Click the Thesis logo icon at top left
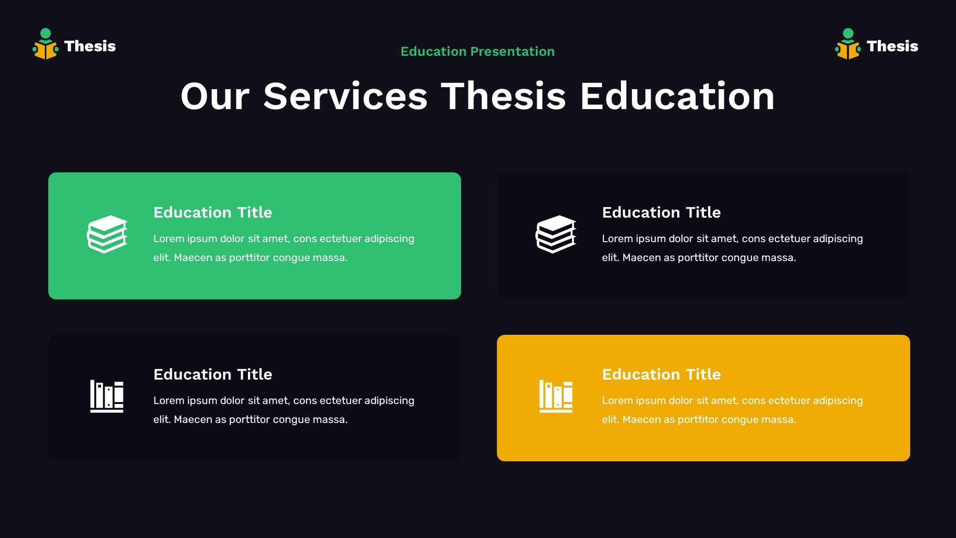coord(45,44)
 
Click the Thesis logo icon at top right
coord(848,44)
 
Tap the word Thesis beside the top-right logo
coord(892,46)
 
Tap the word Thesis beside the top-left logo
coord(90,46)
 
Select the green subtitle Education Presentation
coord(478,51)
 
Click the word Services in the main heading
coord(346,96)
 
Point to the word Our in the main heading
coord(215,96)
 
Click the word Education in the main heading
coord(677,96)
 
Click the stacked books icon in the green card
coord(107,234)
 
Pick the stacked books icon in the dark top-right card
coord(556,234)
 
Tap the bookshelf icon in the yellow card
coord(556,396)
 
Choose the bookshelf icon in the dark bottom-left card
coord(107,396)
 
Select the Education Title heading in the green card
coord(213,213)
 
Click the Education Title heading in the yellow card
coord(661,375)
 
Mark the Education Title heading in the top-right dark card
coord(661,213)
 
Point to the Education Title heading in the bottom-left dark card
coord(213,375)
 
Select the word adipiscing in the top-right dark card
coord(837,239)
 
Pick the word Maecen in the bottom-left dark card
coord(193,419)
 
